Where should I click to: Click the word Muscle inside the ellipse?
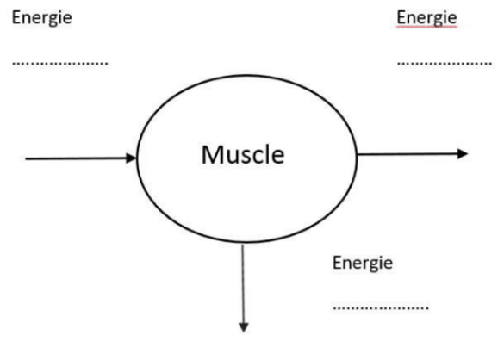[x=243, y=155]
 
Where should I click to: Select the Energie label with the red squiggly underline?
[x=426, y=18]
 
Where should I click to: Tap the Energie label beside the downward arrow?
[x=363, y=264]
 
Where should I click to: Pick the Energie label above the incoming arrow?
[x=42, y=18]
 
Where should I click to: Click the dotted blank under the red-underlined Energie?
[x=445, y=64]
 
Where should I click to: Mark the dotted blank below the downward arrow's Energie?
[x=381, y=308]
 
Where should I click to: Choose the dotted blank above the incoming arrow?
[x=60, y=64]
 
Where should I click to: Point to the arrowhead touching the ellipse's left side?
[x=132, y=158]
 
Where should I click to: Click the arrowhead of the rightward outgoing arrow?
[x=463, y=153]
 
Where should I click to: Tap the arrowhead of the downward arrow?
[x=244, y=327]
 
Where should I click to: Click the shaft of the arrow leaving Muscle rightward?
[x=408, y=154]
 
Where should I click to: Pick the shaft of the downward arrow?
[x=243, y=283]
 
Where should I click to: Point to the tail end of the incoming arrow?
[x=26, y=158]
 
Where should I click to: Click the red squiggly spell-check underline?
[x=426, y=27]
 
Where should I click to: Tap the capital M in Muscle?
[x=211, y=155]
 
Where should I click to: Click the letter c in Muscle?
[x=256, y=158]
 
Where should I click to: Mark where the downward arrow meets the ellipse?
[x=243, y=243]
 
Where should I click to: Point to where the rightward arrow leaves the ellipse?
[x=357, y=155]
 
